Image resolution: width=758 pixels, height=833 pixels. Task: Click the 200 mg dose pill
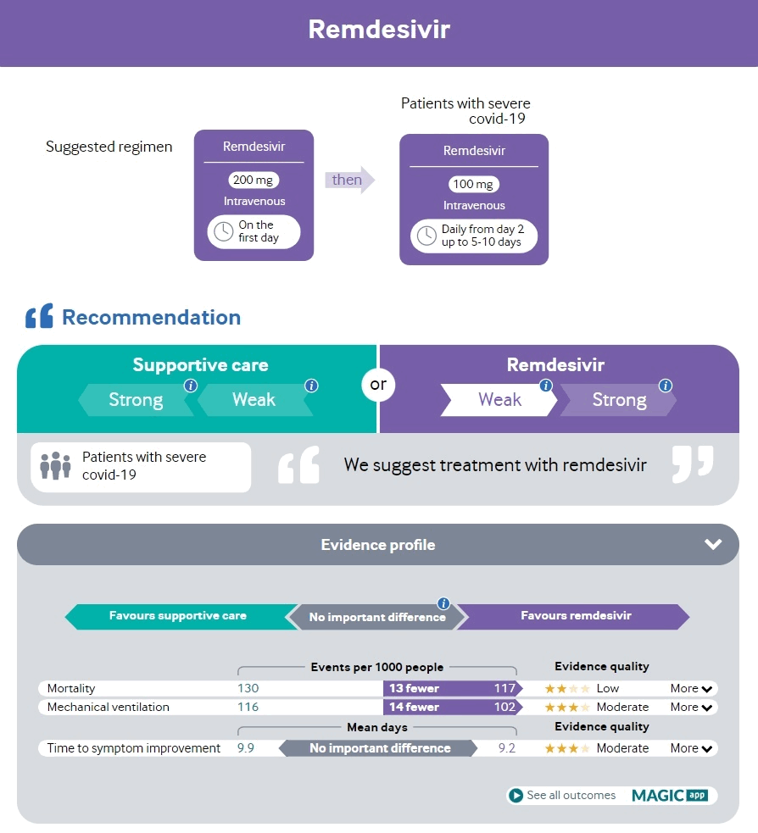coord(254,180)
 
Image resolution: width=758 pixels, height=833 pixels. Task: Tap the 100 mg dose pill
coord(474,184)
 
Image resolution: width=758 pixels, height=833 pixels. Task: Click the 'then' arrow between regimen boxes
coord(348,180)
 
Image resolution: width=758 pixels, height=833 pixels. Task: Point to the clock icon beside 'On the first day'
coord(224,231)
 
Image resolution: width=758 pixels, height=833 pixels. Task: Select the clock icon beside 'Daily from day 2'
coord(426,236)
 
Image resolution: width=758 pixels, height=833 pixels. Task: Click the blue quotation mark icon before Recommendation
coord(39,317)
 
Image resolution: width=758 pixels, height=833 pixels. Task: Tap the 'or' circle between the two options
coord(378,385)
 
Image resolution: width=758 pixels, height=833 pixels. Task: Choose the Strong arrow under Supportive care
coord(136,400)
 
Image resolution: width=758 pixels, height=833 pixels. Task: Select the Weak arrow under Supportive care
coord(254,400)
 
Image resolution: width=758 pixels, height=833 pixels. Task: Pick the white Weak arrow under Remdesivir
coord(499,400)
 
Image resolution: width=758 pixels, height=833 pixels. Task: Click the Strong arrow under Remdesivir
coord(618,400)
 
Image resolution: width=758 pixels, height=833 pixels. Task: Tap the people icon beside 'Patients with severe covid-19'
coord(55,465)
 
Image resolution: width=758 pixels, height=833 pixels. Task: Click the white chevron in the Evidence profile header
coord(712,544)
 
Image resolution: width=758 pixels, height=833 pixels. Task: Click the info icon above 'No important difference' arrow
coord(443,603)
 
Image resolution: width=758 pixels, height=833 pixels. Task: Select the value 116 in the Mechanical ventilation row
coord(248,707)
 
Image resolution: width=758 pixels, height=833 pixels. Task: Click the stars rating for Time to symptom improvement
coord(567,748)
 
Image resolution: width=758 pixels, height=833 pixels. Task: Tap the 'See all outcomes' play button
coord(516,796)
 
